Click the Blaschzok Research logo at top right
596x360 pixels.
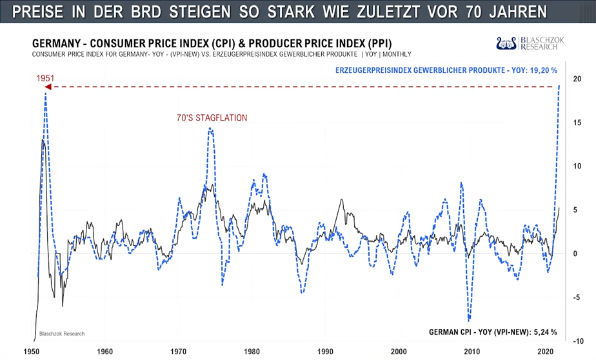(530, 43)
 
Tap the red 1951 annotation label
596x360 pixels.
(45, 78)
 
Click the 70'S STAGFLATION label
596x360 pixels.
(212, 117)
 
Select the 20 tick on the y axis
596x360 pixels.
(577, 79)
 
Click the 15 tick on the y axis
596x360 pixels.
(577, 123)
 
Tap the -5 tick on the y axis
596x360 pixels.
(577, 297)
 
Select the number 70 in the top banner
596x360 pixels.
(484, 12)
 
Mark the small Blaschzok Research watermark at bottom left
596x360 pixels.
(62, 334)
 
